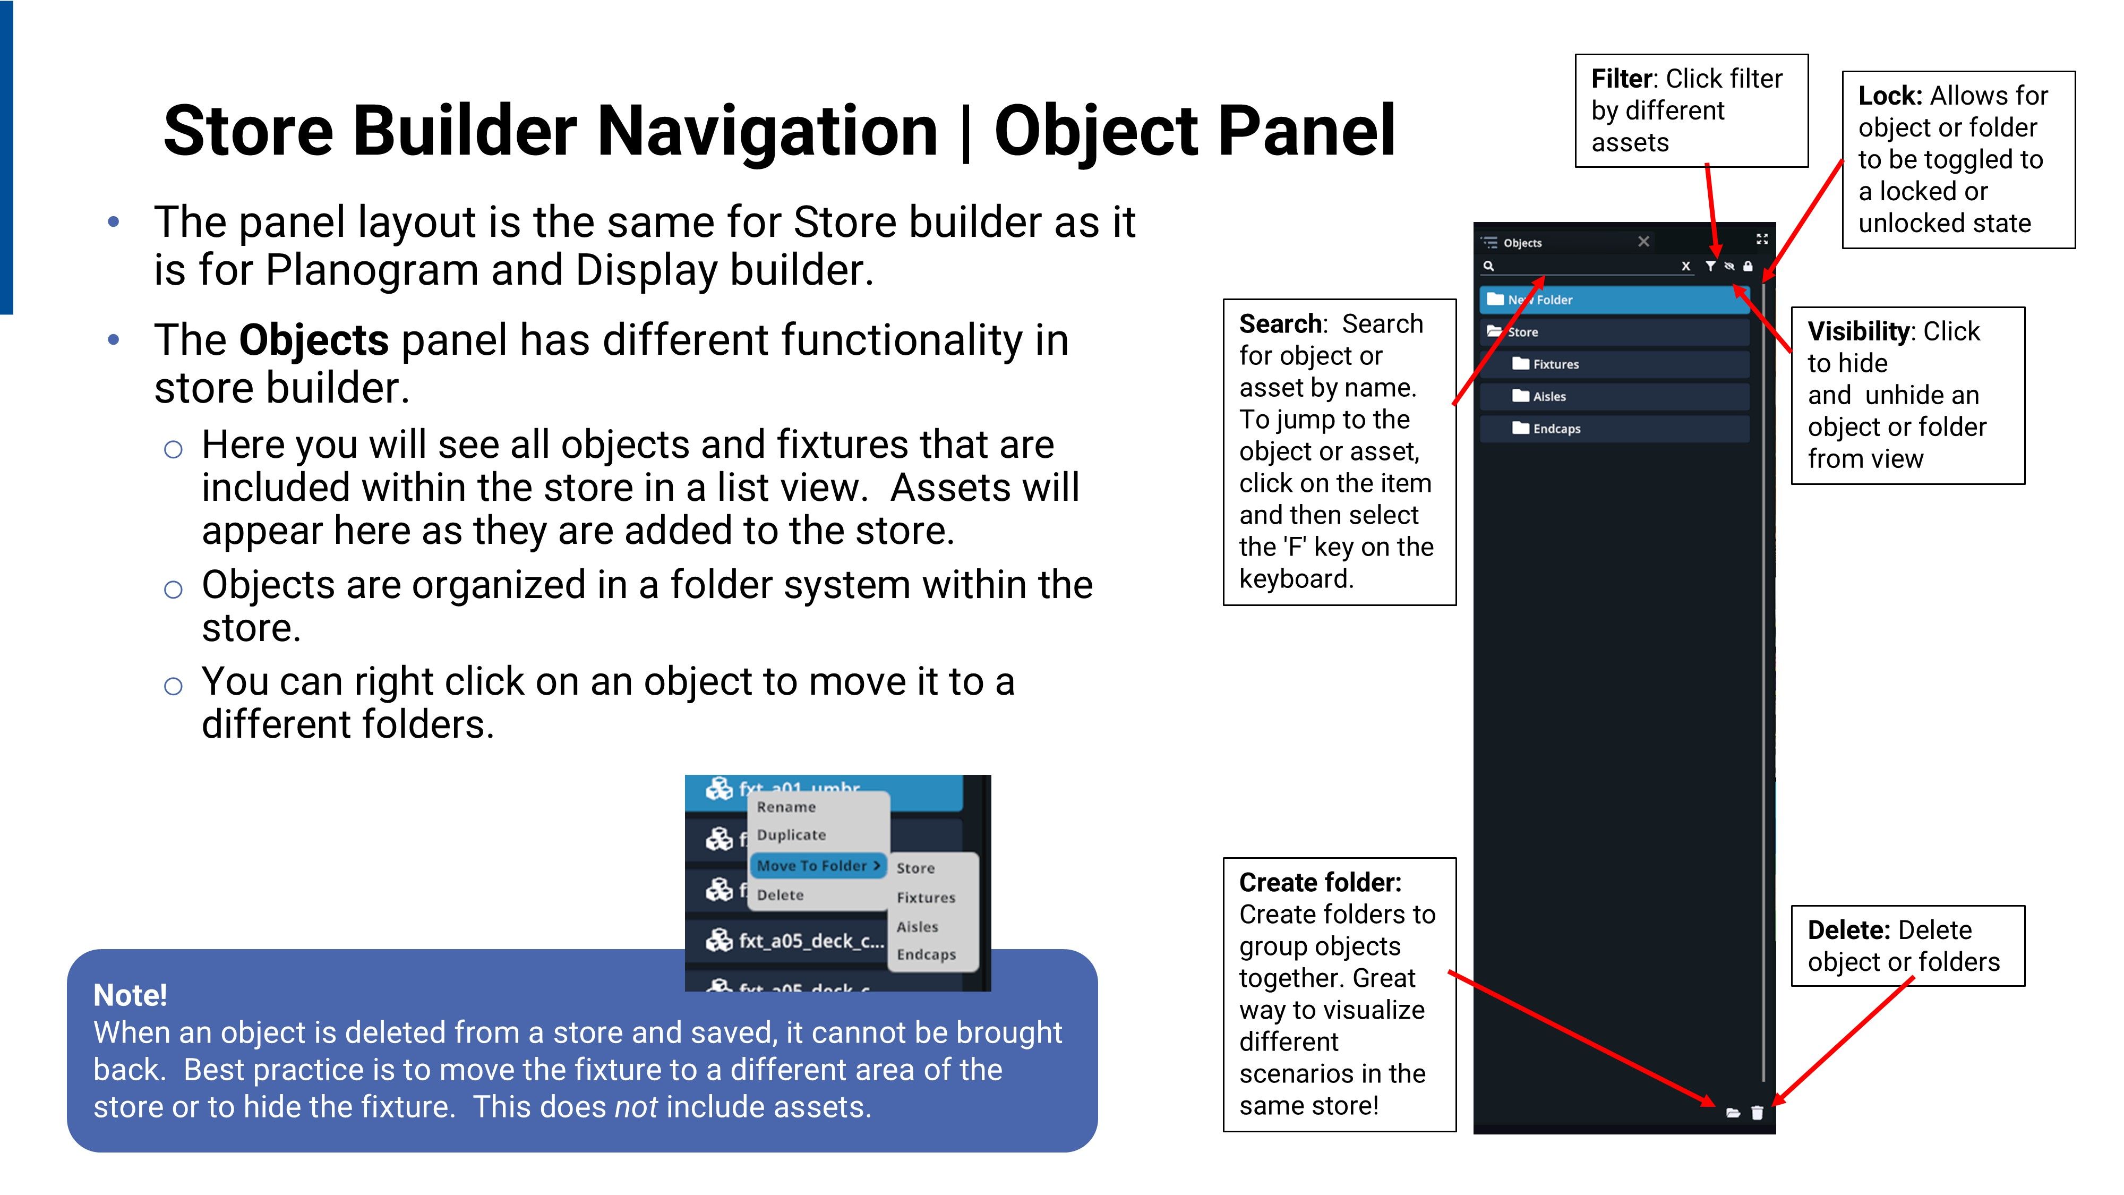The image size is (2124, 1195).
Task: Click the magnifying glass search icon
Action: pos(1488,266)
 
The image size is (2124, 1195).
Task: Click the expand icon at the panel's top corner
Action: pos(1762,239)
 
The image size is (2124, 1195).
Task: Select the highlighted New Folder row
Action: pos(1614,300)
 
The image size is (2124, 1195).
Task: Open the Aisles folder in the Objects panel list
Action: pos(1614,396)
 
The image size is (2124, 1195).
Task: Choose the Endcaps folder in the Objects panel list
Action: pos(1614,428)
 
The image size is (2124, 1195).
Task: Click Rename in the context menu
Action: pos(786,807)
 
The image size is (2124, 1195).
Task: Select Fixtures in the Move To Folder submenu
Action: pos(926,897)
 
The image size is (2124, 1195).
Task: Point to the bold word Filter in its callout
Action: pos(1622,79)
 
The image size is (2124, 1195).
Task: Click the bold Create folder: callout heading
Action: pos(1320,882)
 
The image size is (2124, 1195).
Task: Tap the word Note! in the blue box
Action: pos(130,995)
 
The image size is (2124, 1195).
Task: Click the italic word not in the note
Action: pos(636,1107)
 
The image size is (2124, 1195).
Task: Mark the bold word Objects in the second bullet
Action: pos(313,340)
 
